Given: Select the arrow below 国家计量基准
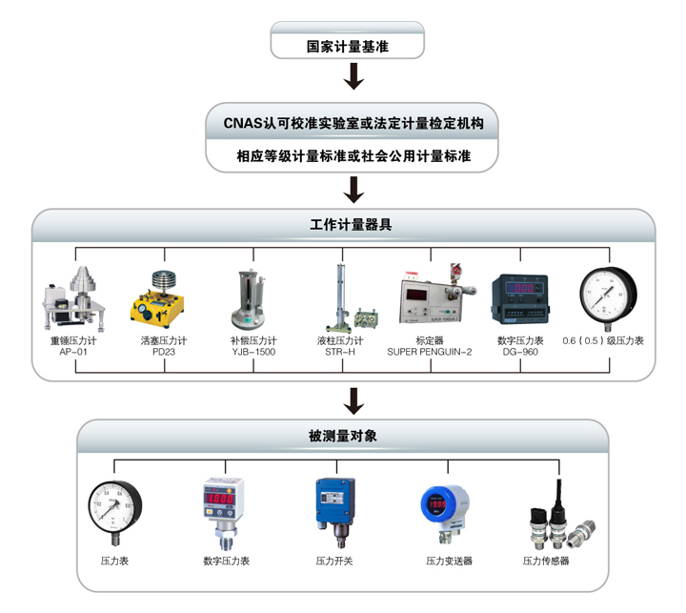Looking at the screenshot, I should pos(353,76).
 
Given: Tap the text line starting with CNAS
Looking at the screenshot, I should pos(353,123).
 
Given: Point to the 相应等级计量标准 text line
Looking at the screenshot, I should pos(353,155).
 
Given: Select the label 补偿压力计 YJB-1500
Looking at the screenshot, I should pos(252,345).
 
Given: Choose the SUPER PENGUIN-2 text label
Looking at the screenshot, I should pos(429,351).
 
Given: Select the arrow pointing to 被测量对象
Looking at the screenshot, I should pos(353,400).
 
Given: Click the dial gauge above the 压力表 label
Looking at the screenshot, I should pos(114,508).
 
